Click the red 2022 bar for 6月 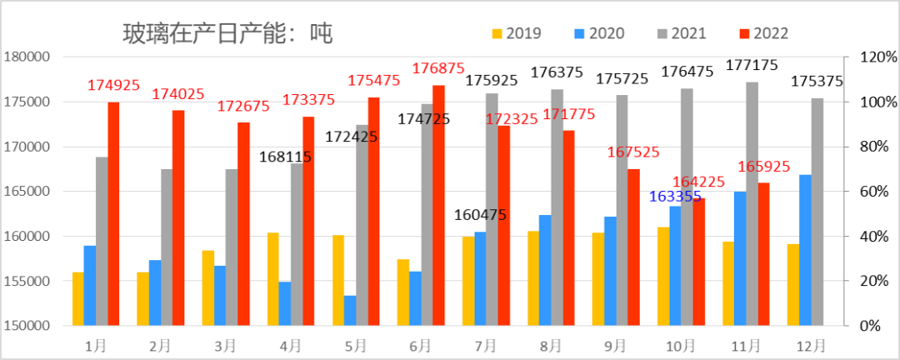[438, 205]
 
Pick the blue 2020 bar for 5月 [350, 310]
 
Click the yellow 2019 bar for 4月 [272, 278]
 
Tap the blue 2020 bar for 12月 [806, 250]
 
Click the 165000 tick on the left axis [27, 192]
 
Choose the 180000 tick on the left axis [27, 57]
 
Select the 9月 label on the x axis [615, 344]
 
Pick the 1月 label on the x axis [95, 344]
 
